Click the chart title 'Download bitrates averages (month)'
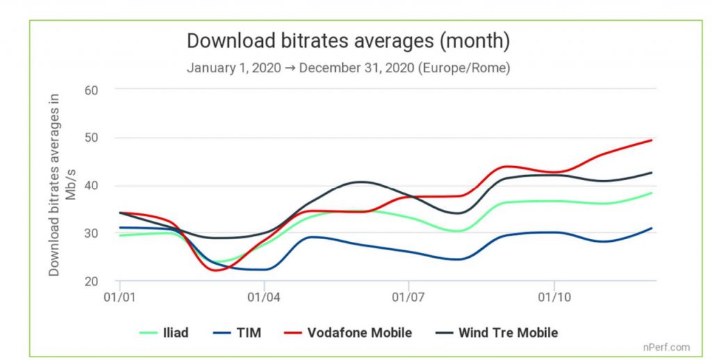tap(348, 41)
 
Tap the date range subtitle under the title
tap(348, 69)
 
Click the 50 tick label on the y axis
tap(91, 137)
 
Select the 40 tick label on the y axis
tap(91, 185)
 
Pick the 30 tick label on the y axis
tap(91, 233)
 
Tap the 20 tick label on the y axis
tap(91, 281)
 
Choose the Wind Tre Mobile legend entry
tap(493, 333)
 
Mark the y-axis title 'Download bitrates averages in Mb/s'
tap(61, 184)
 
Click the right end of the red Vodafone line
tap(652, 140)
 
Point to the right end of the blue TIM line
tap(652, 228)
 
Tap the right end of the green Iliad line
tap(652, 193)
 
